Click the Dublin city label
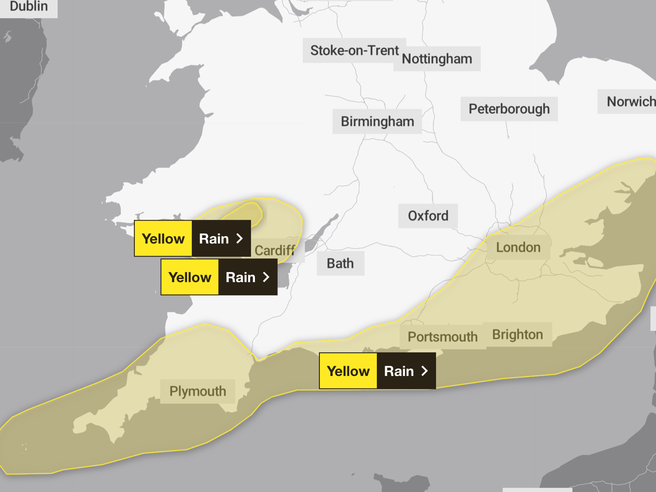click(x=29, y=7)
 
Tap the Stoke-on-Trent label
click(x=354, y=51)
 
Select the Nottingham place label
click(x=437, y=59)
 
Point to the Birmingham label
click(x=377, y=121)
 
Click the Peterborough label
click(x=509, y=109)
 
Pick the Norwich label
click(x=630, y=102)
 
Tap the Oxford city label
click(x=428, y=216)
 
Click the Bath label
click(x=340, y=263)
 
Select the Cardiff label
click(x=275, y=251)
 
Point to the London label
click(x=518, y=247)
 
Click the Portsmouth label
click(x=442, y=337)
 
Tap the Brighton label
click(x=518, y=335)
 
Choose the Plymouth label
click(x=198, y=391)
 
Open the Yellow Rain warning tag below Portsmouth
click(x=377, y=371)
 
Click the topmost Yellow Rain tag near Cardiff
click(x=193, y=238)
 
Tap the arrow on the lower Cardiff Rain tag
click(x=266, y=277)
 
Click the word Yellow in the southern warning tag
click(x=348, y=371)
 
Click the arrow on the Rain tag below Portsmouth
click(x=425, y=371)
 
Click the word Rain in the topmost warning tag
click(x=214, y=239)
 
